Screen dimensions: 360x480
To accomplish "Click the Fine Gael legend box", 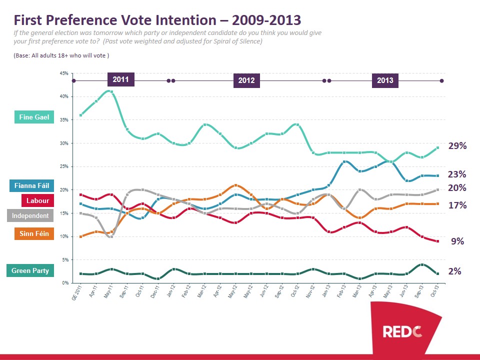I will click(x=34, y=117).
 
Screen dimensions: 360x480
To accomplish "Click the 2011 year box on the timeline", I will click(x=120, y=79).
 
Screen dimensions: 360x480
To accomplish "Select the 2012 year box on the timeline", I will click(x=246, y=80).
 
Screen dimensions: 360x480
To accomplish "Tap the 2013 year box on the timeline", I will click(x=385, y=80).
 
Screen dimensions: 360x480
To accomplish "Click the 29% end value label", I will click(x=457, y=146).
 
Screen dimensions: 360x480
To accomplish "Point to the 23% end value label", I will click(x=457, y=174).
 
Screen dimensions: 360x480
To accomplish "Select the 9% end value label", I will click(x=457, y=241).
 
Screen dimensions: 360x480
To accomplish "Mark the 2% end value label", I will click(x=454, y=271).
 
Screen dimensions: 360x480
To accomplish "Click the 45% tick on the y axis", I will click(x=64, y=73).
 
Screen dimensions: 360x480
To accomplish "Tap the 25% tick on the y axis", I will click(x=64, y=166).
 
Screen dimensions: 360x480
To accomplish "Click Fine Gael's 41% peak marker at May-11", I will click(x=112, y=91).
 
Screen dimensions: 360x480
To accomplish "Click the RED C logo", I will click(x=403, y=331).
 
